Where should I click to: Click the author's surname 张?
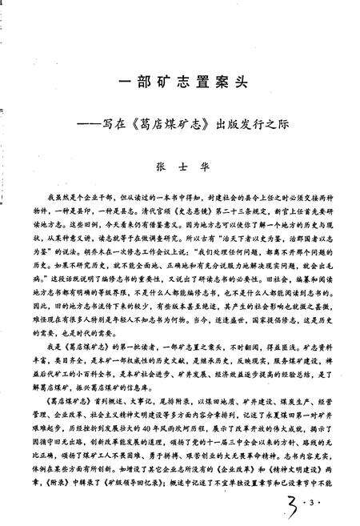(x=158, y=169)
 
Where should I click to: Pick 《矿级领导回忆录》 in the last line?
(x=135, y=485)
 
